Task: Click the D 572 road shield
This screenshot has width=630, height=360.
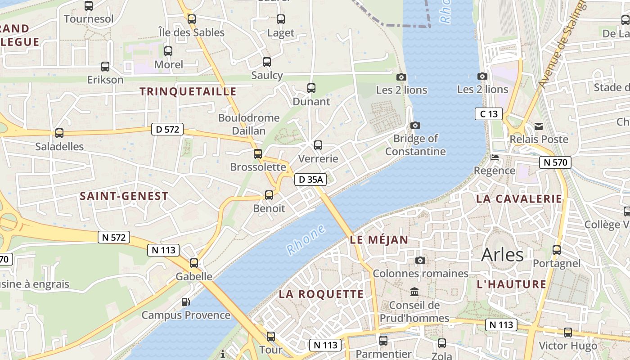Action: (167, 130)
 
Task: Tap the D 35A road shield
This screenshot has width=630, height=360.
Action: (310, 180)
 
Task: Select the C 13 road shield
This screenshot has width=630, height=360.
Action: (489, 114)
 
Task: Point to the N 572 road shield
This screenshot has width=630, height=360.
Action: (114, 237)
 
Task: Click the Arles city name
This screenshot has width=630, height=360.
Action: (502, 255)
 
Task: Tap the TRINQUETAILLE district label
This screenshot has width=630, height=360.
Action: (188, 92)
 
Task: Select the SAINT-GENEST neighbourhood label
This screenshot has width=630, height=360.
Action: (124, 196)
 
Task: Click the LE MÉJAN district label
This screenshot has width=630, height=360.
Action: (379, 240)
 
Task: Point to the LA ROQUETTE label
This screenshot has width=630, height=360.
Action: (321, 294)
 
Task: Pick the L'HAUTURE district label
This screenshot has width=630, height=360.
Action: (511, 284)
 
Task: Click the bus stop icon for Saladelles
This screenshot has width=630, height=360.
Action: (59, 133)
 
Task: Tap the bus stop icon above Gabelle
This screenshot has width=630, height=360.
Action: (194, 263)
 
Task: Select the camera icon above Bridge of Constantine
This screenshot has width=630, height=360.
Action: (415, 125)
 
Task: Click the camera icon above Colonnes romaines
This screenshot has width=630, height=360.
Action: (420, 260)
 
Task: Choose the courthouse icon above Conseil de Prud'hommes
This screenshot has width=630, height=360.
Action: (414, 292)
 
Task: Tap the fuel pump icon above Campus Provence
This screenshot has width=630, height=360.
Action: (185, 301)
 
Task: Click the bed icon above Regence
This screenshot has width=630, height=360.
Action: (494, 157)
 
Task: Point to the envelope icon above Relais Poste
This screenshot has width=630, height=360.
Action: (538, 126)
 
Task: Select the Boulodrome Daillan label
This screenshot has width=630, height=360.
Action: (249, 124)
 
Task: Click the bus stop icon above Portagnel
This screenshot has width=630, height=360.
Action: (557, 250)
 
